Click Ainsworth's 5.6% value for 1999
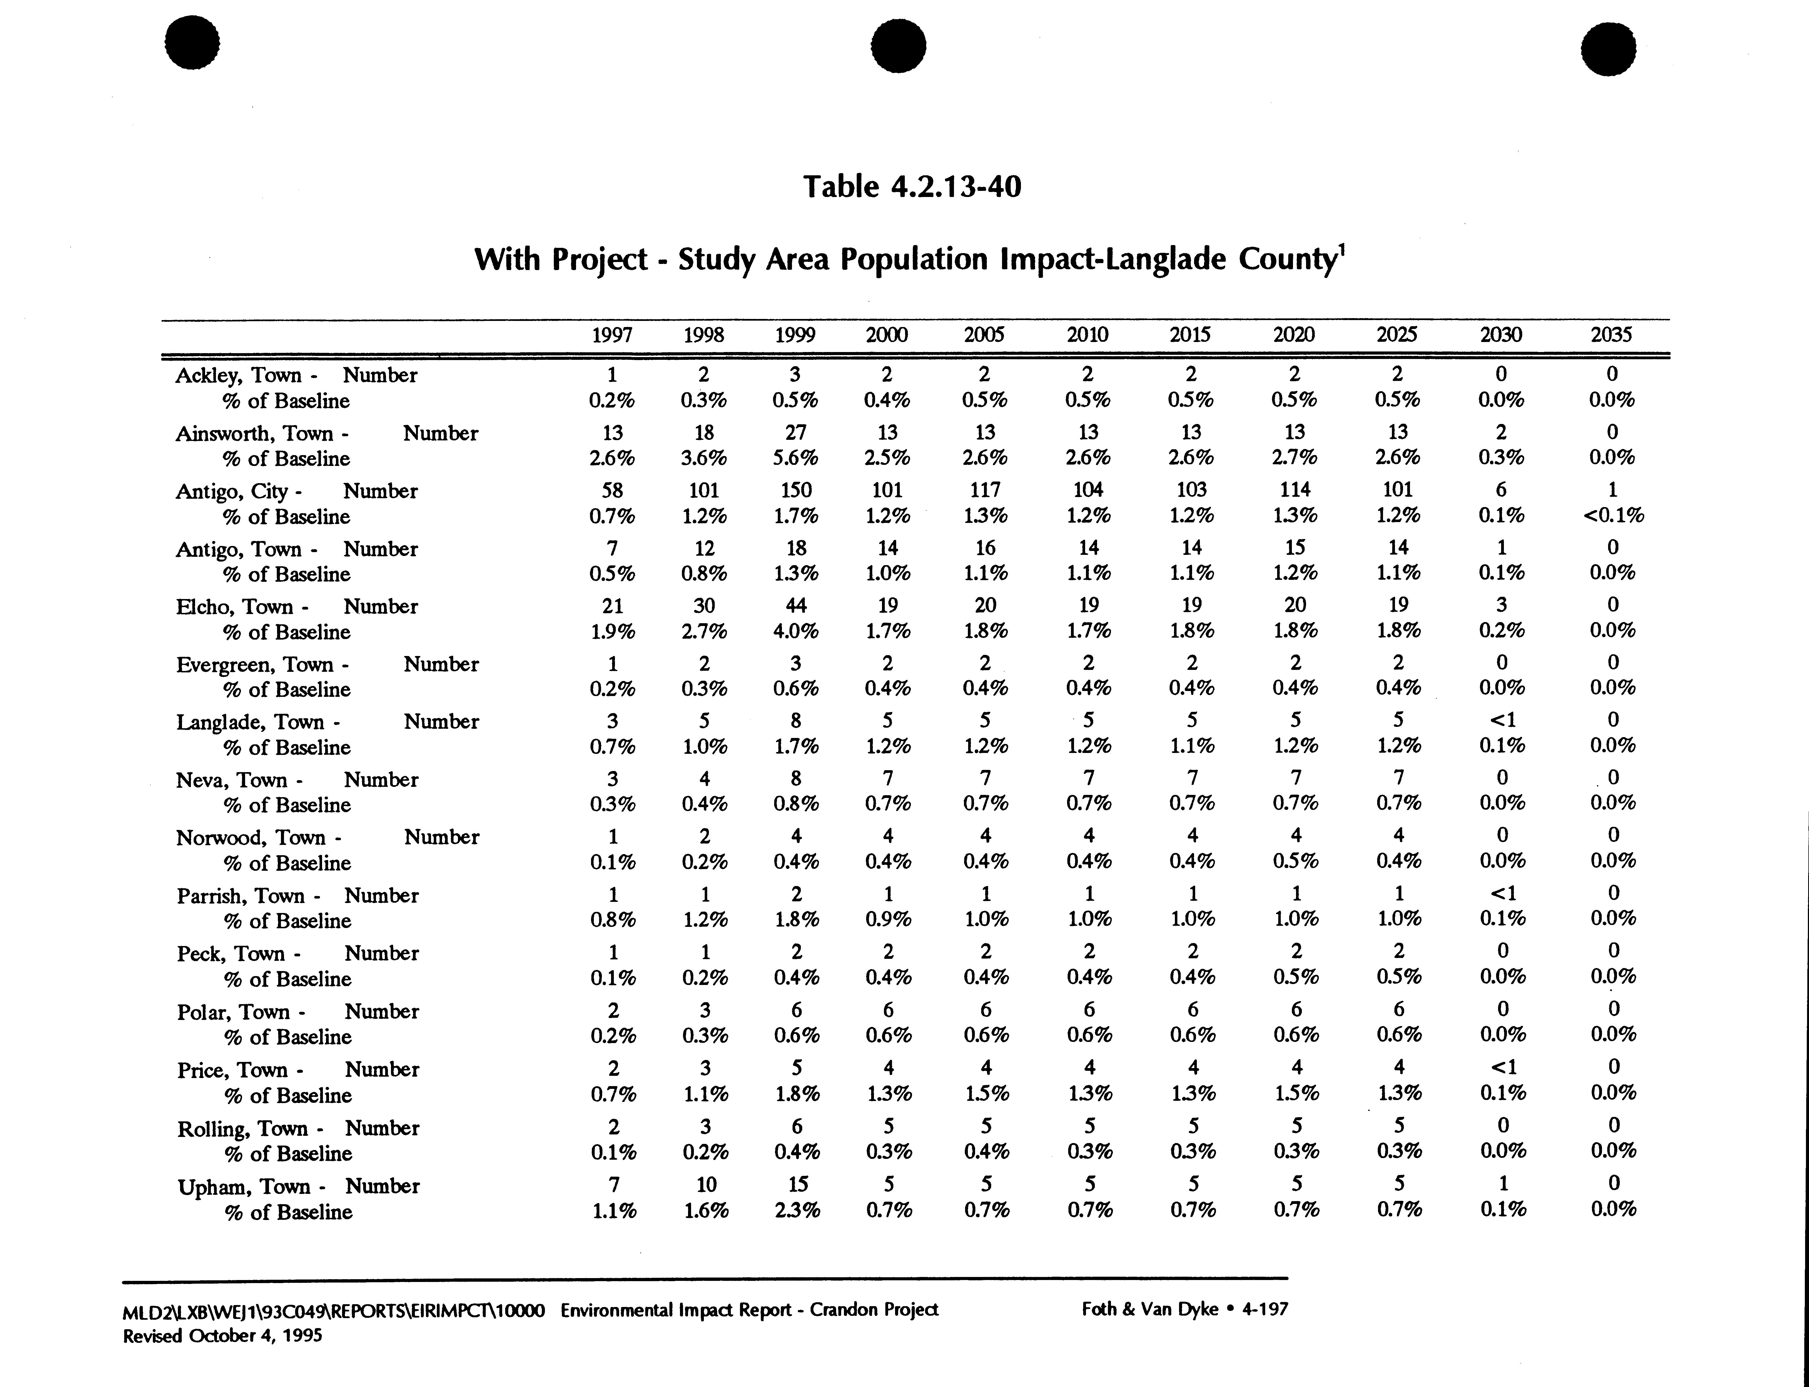tap(795, 458)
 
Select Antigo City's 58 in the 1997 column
tap(612, 490)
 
